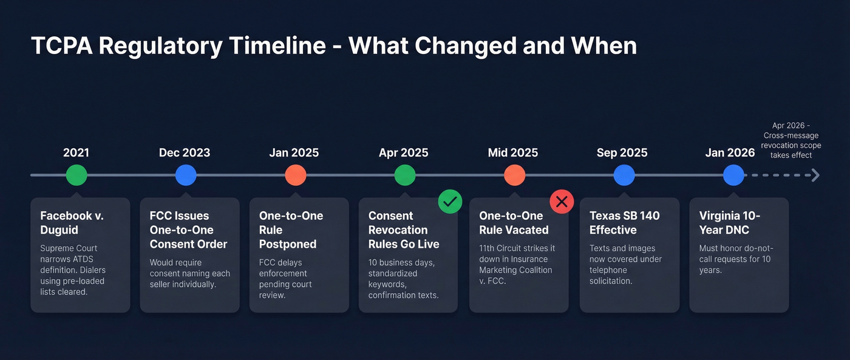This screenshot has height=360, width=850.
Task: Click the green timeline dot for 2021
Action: pyautogui.click(x=76, y=175)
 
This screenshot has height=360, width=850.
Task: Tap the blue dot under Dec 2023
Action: pyautogui.click(x=186, y=175)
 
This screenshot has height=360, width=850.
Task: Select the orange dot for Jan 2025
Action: pyautogui.click(x=296, y=175)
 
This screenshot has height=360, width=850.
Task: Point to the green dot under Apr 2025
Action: pyautogui.click(x=405, y=175)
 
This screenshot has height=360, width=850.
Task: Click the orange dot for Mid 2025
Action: pyautogui.click(x=514, y=175)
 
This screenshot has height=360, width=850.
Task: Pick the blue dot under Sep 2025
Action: pyautogui.click(x=624, y=175)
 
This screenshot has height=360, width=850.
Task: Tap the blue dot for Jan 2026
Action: pyautogui.click(x=733, y=175)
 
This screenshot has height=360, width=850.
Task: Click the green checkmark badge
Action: pyautogui.click(x=450, y=202)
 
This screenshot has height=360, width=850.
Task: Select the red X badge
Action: pyautogui.click(x=562, y=202)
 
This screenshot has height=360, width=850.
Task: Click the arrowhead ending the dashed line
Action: pyautogui.click(x=815, y=175)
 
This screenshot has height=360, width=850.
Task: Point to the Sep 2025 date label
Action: pyautogui.click(x=622, y=152)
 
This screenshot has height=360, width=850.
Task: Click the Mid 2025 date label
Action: pyautogui.click(x=513, y=152)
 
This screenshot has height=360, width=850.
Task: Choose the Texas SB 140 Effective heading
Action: pyautogui.click(x=624, y=223)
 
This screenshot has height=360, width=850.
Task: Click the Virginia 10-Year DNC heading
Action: pyautogui.click(x=729, y=223)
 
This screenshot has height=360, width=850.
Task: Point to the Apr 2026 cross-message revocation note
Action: pyautogui.click(x=791, y=140)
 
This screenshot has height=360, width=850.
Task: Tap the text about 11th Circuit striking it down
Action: pyautogui.click(x=517, y=265)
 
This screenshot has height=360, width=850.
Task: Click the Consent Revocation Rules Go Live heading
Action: pyautogui.click(x=404, y=229)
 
